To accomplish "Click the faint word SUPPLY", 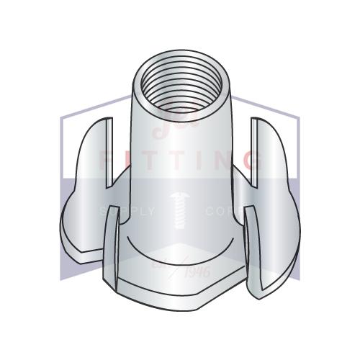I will tap(128, 212).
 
